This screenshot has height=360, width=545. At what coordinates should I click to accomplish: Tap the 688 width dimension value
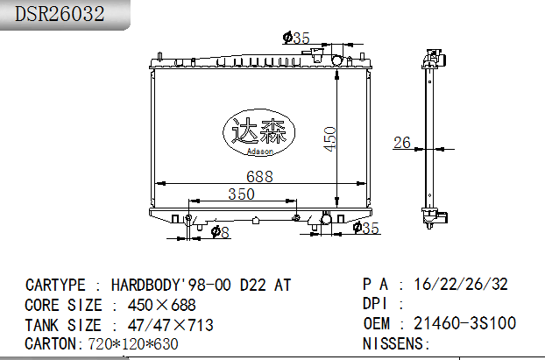[259, 176]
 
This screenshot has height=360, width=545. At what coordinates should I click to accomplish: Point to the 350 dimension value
[242, 194]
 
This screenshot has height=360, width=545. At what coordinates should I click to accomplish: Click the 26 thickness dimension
[401, 143]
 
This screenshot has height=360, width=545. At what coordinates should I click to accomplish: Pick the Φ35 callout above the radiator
[296, 38]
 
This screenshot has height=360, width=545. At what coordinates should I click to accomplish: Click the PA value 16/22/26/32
[462, 284]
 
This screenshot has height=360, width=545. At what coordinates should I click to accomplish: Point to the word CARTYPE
[55, 286]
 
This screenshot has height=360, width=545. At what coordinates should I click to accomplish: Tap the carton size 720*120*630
[132, 344]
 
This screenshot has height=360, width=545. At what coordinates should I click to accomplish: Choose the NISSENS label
[396, 343]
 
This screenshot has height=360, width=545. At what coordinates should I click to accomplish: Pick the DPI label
[379, 304]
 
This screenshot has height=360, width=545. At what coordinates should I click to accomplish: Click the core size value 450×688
[162, 306]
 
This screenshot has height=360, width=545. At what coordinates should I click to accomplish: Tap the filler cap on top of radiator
[315, 55]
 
